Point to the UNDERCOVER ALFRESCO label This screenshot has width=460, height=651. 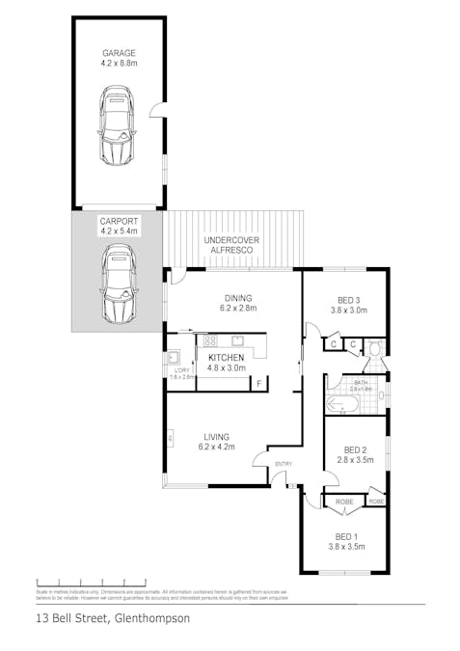[228, 244]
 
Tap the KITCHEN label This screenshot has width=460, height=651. [227, 357]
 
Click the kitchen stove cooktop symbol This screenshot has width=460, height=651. [210, 341]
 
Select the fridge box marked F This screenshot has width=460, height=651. [257, 384]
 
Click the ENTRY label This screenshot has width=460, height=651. [283, 465]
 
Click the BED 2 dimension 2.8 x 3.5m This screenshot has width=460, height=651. [355, 461]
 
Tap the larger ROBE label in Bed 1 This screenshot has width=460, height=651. [343, 502]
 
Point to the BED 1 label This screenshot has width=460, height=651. [345, 536]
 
